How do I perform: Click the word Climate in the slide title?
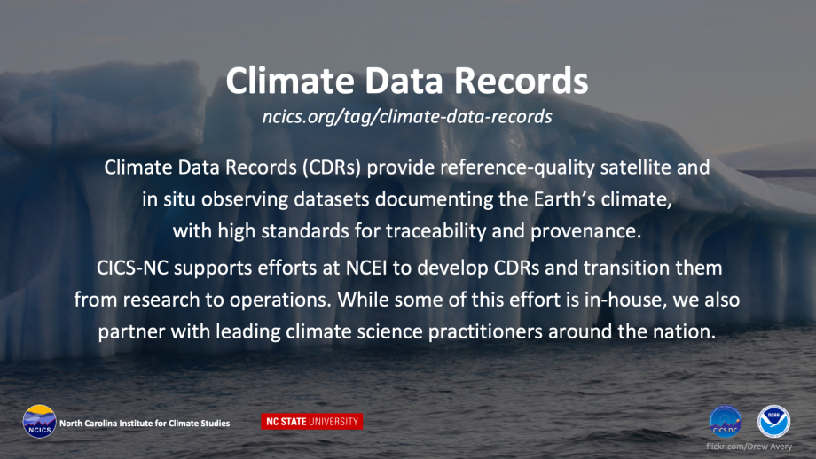(289, 82)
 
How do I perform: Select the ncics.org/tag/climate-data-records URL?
(407, 117)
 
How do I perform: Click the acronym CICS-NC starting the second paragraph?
(132, 268)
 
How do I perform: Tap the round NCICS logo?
(40, 422)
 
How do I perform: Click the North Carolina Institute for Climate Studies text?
(145, 424)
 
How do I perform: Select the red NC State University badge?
(311, 422)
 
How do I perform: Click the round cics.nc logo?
(726, 422)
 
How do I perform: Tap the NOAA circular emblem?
(773, 422)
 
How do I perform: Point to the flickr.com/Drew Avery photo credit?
(749, 447)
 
